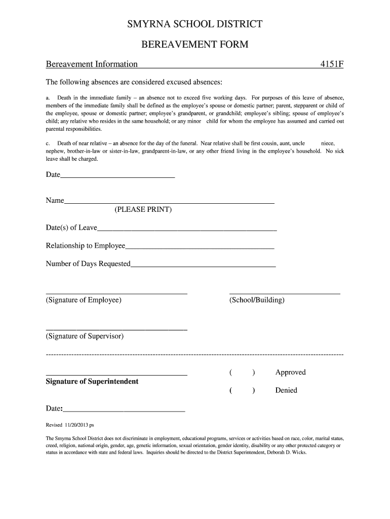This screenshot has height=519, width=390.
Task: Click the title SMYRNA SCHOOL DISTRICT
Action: point(194,24)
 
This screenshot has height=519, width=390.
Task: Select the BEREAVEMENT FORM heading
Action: point(194,45)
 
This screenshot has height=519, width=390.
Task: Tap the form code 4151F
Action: point(331,64)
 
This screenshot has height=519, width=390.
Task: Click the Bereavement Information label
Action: point(92,64)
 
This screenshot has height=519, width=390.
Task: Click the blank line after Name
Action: point(169,202)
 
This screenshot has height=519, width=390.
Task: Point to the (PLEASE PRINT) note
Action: point(143,210)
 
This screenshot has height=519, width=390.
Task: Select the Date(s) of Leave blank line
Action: point(187,229)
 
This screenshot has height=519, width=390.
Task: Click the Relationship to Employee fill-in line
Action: point(200,247)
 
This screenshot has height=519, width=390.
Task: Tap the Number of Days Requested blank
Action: point(203,266)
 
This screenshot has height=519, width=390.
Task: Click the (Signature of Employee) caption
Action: point(84,300)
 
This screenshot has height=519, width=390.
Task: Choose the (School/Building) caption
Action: point(257,300)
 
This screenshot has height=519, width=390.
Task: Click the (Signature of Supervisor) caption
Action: point(85,336)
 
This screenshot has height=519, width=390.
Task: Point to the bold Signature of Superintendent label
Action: point(92,381)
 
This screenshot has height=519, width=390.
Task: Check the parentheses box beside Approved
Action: point(242,373)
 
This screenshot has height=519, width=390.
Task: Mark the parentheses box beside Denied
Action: point(242,391)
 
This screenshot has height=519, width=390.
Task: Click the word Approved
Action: point(290,373)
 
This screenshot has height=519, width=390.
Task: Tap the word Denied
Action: point(286,391)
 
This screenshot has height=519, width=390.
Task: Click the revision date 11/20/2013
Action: point(76,425)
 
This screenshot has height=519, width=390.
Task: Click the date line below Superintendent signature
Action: point(124,410)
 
